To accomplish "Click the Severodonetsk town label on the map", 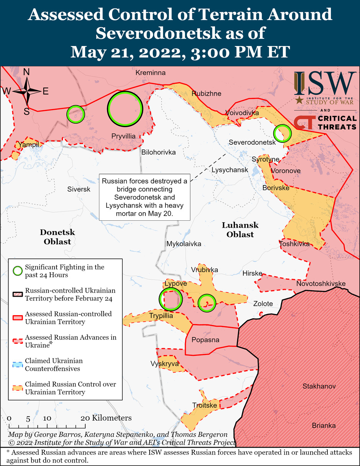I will click(252, 142).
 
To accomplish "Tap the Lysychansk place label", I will click(230, 170).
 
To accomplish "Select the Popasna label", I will click(205, 340).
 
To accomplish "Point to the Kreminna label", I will click(150, 73).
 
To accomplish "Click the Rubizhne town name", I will click(206, 93).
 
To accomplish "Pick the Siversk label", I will click(79, 189).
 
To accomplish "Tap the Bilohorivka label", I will click(159, 152).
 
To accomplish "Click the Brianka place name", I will click(324, 425).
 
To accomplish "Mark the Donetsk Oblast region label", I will click(57, 237).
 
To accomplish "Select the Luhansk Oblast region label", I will click(240, 230).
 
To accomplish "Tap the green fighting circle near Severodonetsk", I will click(282, 133).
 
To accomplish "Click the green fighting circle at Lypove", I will click(170, 299).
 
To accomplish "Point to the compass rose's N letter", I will click(26, 72).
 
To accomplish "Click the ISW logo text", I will click(325, 84).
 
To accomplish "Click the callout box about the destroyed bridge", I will click(145, 197).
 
